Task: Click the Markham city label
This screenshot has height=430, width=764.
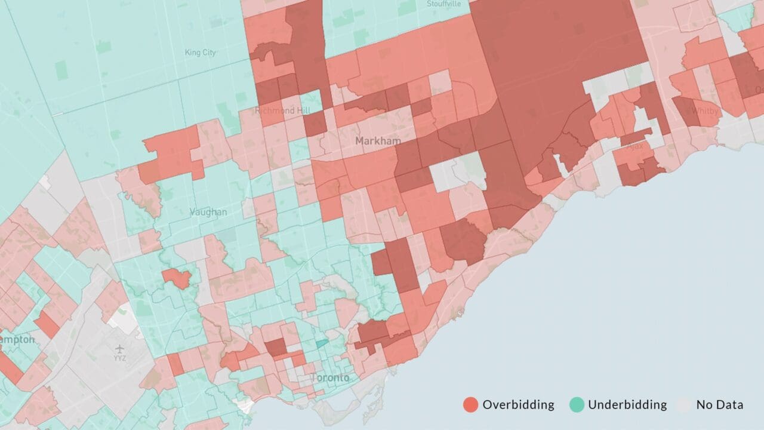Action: tap(378, 141)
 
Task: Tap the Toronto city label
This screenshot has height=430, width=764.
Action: tap(329, 378)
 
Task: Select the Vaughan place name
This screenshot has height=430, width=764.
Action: tap(208, 212)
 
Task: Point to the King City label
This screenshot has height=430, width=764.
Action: tap(201, 53)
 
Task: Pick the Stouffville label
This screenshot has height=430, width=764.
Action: tap(444, 4)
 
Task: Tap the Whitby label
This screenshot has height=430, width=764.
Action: tap(705, 110)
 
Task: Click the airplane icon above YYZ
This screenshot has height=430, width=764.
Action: tap(119, 348)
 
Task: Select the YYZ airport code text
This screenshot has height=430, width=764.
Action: tap(120, 359)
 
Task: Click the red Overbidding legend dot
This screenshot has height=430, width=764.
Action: tap(470, 405)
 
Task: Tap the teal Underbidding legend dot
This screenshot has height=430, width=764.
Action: tap(576, 405)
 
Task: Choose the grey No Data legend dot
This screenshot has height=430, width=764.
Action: tap(684, 405)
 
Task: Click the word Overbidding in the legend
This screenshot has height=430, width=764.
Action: tap(518, 405)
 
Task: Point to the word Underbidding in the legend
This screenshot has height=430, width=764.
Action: tap(627, 405)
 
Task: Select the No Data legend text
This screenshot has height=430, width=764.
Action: tap(720, 405)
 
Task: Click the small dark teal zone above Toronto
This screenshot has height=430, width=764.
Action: tap(322, 343)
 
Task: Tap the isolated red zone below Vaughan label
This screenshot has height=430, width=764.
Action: tap(176, 278)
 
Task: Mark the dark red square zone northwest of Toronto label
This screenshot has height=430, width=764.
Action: tap(275, 347)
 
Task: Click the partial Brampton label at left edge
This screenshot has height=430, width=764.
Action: tap(17, 339)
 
